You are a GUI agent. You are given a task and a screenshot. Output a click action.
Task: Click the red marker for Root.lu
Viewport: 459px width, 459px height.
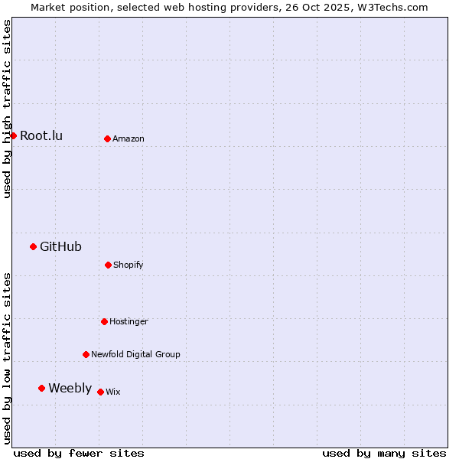[x=13, y=135]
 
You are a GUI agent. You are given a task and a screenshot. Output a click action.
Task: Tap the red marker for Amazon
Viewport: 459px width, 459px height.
[x=107, y=138]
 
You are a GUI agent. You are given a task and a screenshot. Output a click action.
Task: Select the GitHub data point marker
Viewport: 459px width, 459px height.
[x=33, y=246]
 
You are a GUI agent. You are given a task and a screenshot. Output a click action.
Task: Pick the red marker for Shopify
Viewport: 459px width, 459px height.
[x=108, y=265]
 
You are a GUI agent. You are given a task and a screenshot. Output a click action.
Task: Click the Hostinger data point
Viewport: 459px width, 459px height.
[x=104, y=321]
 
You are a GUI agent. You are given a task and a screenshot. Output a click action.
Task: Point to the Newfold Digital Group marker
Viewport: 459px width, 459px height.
[x=86, y=354]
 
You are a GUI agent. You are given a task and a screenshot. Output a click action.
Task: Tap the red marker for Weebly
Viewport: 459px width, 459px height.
[x=41, y=388]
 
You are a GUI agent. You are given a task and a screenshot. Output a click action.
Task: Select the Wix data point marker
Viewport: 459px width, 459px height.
[x=100, y=392]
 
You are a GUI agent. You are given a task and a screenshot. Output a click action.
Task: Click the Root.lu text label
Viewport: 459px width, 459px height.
[x=41, y=135]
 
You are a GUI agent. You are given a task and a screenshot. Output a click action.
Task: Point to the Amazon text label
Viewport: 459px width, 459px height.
[x=129, y=138]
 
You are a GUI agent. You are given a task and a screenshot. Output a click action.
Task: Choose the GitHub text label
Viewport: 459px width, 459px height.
[x=60, y=246]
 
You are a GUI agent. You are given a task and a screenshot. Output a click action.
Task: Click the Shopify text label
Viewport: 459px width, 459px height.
[x=129, y=265]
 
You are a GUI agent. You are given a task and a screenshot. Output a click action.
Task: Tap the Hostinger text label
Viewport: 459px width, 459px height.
[x=129, y=321]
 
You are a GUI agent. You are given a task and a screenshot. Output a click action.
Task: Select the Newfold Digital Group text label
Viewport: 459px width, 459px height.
[x=135, y=354]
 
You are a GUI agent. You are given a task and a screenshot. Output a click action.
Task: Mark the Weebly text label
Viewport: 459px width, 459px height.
[x=70, y=388]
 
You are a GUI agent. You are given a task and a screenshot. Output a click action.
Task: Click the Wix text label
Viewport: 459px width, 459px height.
[x=113, y=392]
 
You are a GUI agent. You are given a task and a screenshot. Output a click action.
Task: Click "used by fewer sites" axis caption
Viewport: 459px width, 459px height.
[x=79, y=453]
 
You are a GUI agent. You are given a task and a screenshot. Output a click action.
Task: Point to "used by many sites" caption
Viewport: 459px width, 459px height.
[x=384, y=453]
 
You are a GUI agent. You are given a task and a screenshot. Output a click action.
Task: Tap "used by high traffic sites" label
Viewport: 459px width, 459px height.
[x=7, y=109]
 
